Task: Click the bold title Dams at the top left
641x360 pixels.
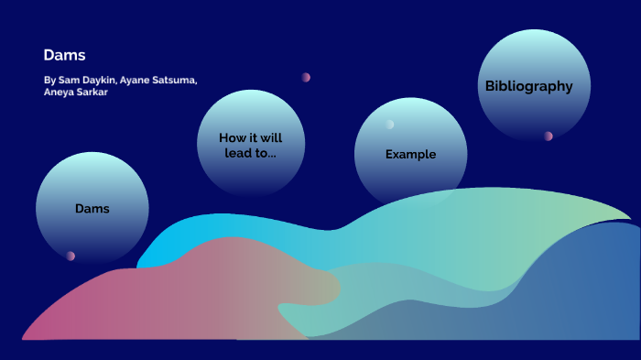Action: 64,55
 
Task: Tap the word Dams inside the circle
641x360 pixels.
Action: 92,209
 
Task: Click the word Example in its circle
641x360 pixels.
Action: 410,154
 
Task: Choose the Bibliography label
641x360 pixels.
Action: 528,86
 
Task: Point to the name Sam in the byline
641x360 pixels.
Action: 67,81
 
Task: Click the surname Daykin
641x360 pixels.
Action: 99,81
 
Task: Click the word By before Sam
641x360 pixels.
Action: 49,81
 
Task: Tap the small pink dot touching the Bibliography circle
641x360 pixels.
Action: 548,136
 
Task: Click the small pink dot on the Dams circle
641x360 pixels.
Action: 71,256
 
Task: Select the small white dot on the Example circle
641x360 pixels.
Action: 389,125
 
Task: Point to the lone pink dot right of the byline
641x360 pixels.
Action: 306,77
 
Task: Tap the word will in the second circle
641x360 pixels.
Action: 270,137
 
